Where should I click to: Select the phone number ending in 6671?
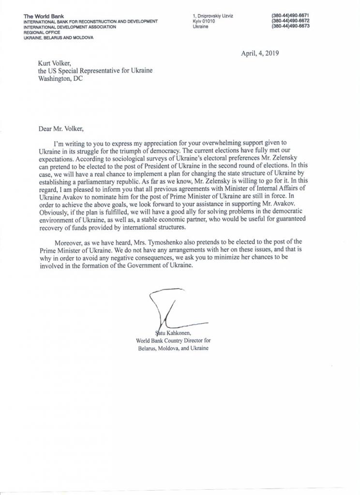[x=290, y=16]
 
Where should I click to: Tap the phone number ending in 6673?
[x=290, y=26]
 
